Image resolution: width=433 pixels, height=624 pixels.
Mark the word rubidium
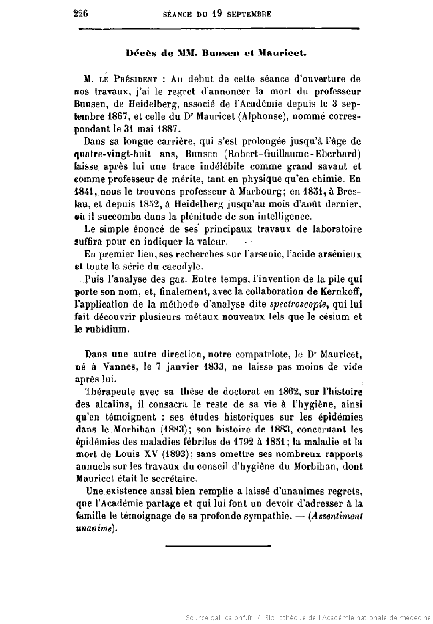[x=106, y=329]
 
